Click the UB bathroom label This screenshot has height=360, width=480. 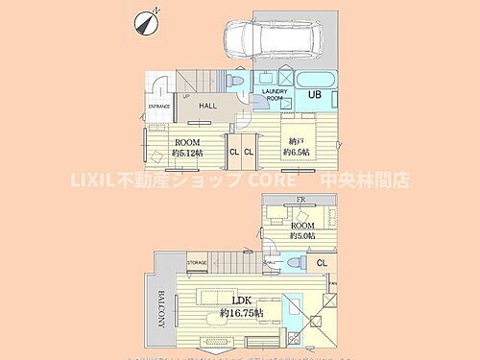click(x=313, y=93)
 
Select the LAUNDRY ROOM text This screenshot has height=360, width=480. click(x=276, y=93)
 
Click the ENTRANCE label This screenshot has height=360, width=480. click(x=158, y=107)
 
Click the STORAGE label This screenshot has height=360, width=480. click(x=198, y=261)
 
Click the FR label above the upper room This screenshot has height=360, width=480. click(x=300, y=201)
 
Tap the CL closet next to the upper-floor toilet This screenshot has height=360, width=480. click(x=321, y=261)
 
